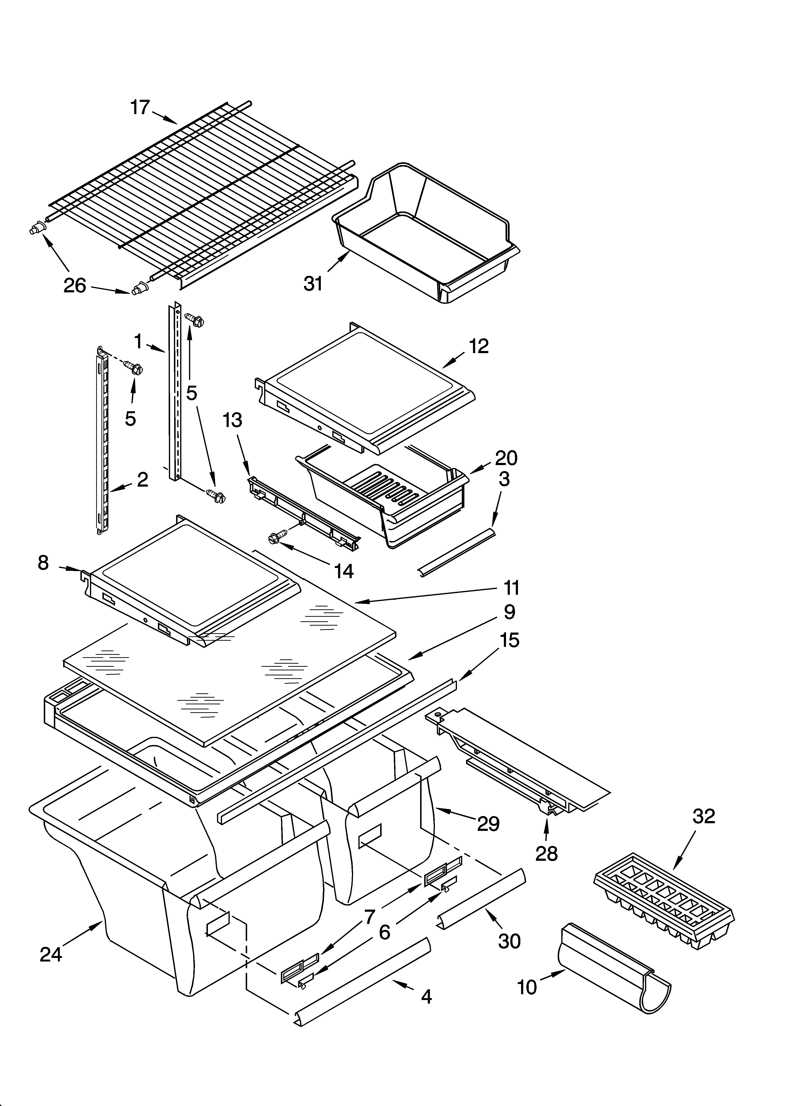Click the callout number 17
tap(140, 107)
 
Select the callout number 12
tap(478, 346)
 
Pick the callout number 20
tap(506, 458)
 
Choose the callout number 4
tap(426, 997)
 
